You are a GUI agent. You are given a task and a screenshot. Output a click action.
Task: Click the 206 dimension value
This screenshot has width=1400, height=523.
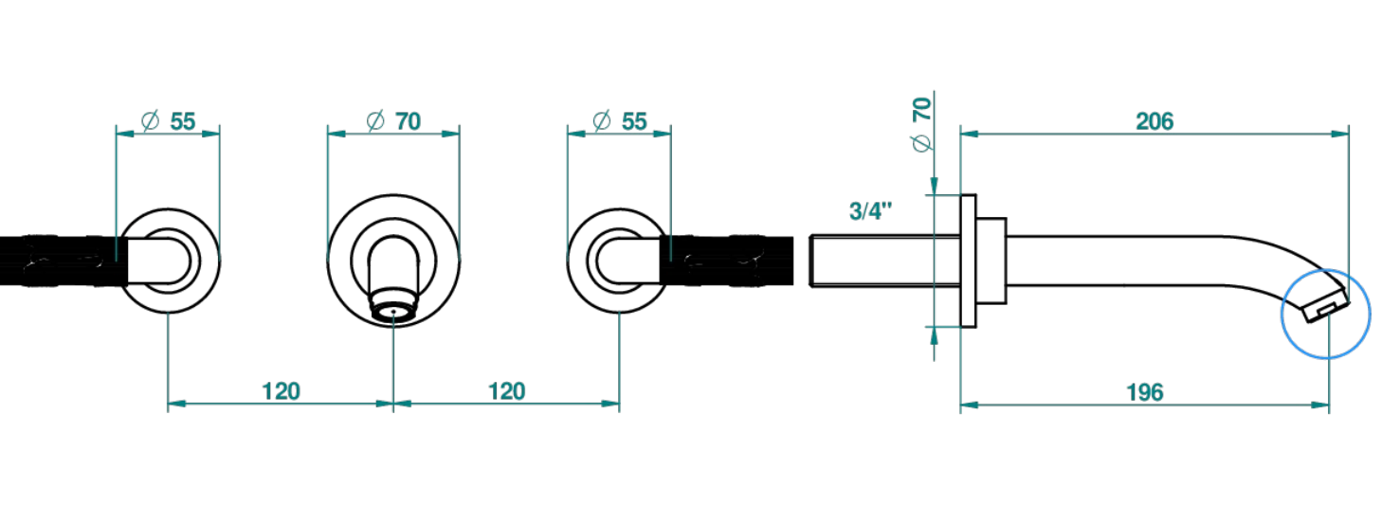(x=1155, y=121)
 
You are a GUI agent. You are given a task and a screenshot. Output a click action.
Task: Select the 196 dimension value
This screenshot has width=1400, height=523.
(x=1144, y=392)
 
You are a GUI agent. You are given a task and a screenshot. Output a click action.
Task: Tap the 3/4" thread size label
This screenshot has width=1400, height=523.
(x=870, y=211)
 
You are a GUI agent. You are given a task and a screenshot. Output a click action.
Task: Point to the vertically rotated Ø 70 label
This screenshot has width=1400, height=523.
(x=922, y=124)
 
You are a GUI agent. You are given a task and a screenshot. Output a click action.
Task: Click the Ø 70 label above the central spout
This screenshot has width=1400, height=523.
(x=393, y=121)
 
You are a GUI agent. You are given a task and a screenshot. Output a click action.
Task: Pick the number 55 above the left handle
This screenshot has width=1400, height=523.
(x=183, y=121)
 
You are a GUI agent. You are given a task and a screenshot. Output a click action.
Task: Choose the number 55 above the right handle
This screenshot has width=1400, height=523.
(x=634, y=121)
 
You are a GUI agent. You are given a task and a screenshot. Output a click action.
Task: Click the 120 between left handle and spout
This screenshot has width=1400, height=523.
(x=281, y=392)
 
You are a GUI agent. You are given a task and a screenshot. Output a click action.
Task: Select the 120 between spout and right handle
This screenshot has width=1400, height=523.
(x=506, y=392)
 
